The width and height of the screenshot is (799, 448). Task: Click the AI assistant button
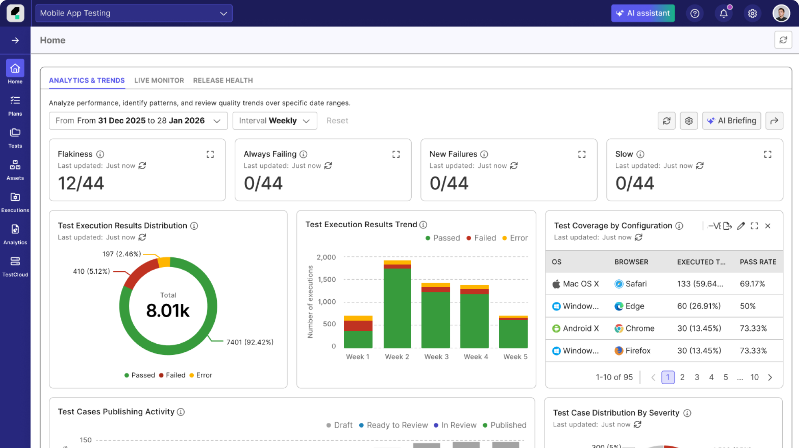pyautogui.click(x=643, y=13)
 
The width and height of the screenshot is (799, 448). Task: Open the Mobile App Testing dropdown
pyautogui.click(x=134, y=13)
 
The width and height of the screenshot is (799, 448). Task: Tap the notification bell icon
pyautogui.click(x=723, y=13)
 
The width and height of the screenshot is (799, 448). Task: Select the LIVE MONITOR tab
pyautogui.click(x=159, y=80)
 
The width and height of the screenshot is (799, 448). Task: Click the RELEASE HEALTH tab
pyautogui.click(x=223, y=80)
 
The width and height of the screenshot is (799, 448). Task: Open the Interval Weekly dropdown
pyautogui.click(x=275, y=121)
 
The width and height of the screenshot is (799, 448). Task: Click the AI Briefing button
pyautogui.click(x=731, y=121)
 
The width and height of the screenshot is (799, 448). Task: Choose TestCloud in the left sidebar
pyautogui.click(x=15, y=267)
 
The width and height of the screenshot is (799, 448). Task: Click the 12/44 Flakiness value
pyautogui.click(x=81, y=183)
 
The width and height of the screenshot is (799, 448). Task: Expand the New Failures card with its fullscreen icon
pyautogui.click(x=582, y=154)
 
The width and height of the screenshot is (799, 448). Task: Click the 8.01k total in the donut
pyautogui.click(x=168, y=310)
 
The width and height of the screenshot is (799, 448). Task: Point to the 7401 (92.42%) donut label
pyautogui.click(x=250, y=342)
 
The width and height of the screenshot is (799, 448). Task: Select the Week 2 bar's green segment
pyautogui.click(x=397, y=307)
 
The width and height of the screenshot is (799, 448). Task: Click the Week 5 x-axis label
pyautogui.click(x=515, y=357)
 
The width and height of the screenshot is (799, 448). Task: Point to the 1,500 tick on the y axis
pyautogui.click(x=327, y=279)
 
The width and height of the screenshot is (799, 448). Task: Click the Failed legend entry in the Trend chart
pyautogui.click(x=481, y=238)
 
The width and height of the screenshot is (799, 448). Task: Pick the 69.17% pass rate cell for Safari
pyautogui.click(x=752, y=284)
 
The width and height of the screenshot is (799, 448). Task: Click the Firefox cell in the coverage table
pyautogui.click(x=637, y=351)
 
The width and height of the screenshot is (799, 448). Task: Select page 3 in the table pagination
pyautogui.click(x=697, y=377)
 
